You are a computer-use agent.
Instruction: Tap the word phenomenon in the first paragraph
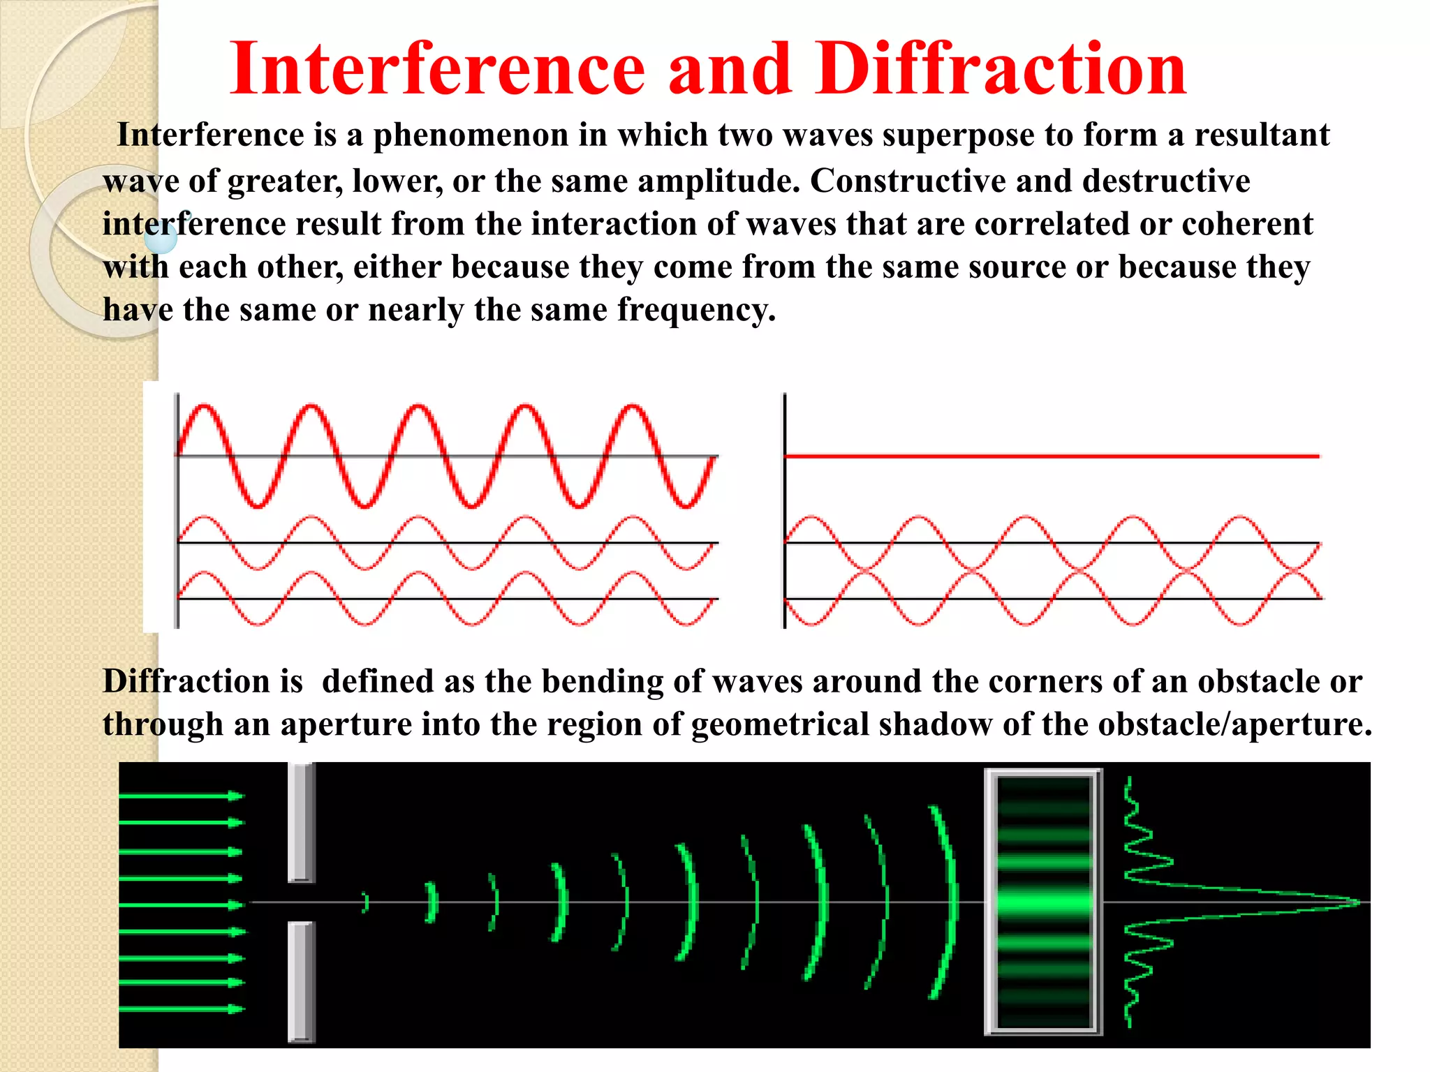click(471, 135)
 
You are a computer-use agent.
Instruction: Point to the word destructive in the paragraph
click(1166, 181)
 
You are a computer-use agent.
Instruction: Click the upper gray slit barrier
click(302, 822)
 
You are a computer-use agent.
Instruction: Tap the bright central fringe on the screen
click(1044, 902)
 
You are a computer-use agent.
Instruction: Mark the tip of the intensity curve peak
click(1359, 902)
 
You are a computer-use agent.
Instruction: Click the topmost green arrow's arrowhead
click(236, 796)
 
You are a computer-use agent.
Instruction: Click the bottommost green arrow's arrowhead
click(236, 1009)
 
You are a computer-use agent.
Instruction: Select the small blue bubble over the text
click(161, 238)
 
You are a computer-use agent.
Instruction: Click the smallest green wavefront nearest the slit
click(364, 902)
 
